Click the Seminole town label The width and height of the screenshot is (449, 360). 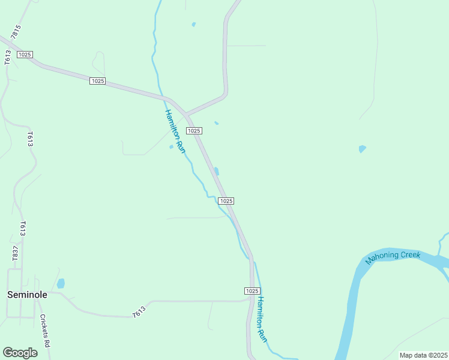tap(27, 295)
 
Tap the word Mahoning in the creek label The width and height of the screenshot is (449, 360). tap(384, 257)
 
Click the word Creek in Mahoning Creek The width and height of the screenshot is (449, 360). tap(420, 255)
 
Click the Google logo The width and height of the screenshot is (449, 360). tap(20, 353)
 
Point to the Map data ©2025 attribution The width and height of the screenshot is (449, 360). tap(423, 355)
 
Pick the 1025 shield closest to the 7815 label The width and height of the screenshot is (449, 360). tap(25, 55)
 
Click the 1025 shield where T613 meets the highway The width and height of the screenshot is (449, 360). tap(253, 290)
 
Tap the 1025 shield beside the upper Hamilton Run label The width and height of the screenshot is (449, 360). tap(193, 131)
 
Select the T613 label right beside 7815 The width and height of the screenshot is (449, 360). tap(8, 57)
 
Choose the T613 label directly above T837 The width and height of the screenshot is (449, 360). tap(22, 229)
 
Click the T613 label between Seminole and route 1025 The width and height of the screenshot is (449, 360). tap(139, 311)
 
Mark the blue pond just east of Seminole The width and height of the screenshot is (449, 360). tap(61, 283)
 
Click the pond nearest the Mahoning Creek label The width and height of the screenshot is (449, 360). tap(362, 149)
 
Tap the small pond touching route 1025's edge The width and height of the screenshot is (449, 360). tap(217, 172)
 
